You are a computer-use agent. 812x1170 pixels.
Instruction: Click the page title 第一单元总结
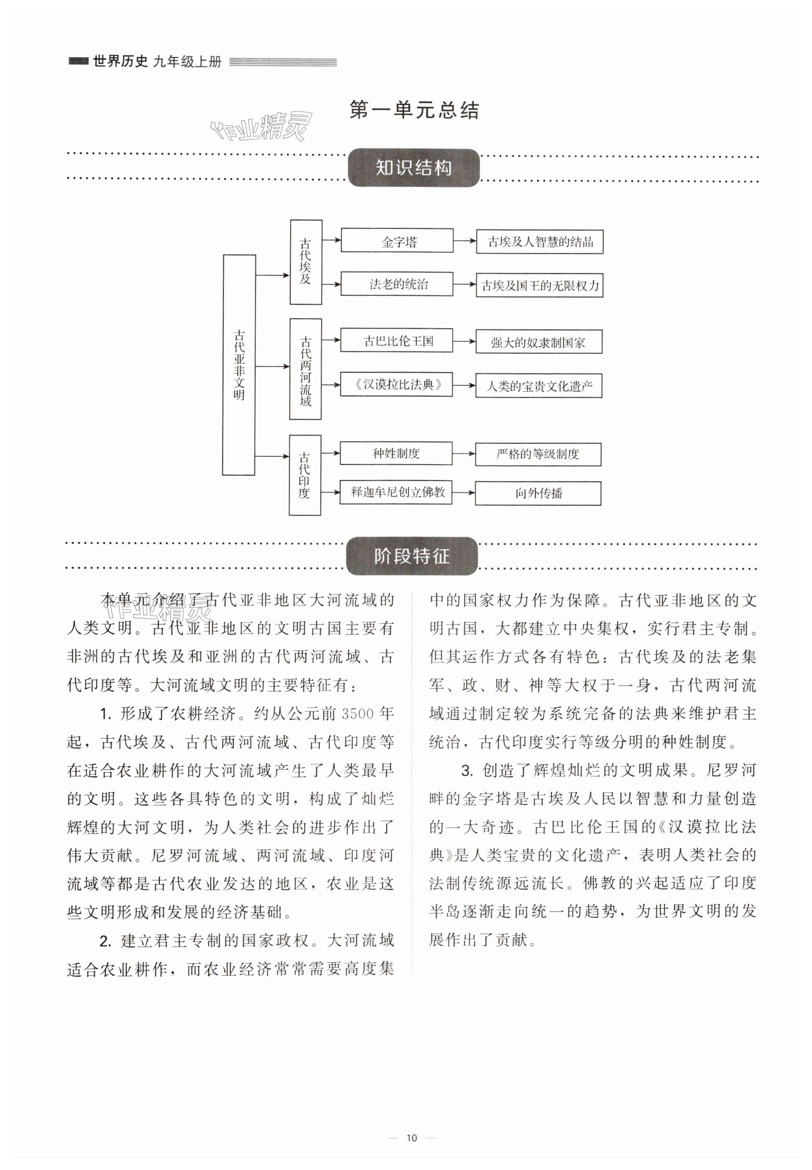click(x=414, y=110)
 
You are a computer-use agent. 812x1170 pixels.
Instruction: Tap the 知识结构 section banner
click(x=413, y=168)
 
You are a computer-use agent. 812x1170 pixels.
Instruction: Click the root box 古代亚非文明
click(x=239, y=365)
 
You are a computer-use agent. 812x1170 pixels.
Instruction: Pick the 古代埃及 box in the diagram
click(x=305, y=262)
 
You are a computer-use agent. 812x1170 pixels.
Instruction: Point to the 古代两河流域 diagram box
click(x=305, y=369)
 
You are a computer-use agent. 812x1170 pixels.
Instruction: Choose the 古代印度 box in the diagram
click(x=305, y=475)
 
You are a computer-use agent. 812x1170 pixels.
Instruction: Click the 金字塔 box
click(x=397, y=241)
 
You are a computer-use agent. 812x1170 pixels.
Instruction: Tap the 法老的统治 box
click(x=397, y=284)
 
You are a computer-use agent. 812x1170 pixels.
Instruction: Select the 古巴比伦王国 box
click(x=397, y=341)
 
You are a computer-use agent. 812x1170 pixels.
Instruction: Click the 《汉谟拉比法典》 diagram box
click(x=397, y=385)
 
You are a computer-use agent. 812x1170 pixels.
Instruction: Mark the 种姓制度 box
click(x=396, y=453)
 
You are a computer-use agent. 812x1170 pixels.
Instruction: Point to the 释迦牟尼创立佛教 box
click(x=396, y=492)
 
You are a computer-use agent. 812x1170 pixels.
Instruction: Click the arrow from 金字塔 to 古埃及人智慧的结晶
click(x=464, y=241)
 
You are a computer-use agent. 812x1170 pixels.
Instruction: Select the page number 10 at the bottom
click(x=411, y=1138)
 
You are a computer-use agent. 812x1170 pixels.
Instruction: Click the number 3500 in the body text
click(x=358, y=714)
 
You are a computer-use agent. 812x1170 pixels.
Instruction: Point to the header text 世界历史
click(x=120, y=61)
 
